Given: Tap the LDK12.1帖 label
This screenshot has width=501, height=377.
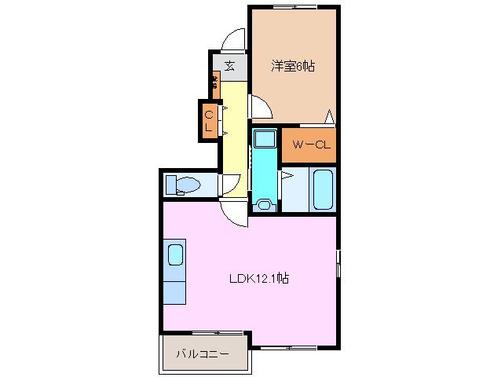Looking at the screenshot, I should [258, 278].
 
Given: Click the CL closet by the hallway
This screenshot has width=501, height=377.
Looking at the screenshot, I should [209, 122].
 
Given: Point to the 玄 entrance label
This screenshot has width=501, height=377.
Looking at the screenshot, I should [229, 66].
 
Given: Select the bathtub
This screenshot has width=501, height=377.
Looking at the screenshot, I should [323, 189].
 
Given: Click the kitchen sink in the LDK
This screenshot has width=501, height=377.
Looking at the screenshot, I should [175, 255].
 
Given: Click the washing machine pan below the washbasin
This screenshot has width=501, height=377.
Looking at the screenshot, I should [264, 206].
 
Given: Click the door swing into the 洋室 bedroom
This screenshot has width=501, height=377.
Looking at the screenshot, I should [261, 106].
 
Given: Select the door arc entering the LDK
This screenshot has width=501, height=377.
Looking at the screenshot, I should [233, 210].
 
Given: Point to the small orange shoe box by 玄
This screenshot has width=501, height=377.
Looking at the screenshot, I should [215, 81].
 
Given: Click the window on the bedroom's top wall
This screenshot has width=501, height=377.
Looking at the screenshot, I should [287, 7].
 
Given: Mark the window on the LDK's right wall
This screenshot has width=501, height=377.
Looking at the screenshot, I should [338, 264].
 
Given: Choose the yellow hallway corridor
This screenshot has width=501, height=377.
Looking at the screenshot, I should [234, 134].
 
